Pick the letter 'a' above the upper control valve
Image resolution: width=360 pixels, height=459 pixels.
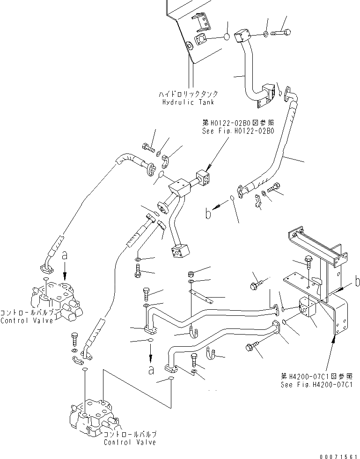click(65, 255)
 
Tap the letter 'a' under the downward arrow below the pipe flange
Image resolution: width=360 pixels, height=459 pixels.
click(150, 370)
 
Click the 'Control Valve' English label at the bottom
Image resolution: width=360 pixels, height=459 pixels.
click(130, 442)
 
